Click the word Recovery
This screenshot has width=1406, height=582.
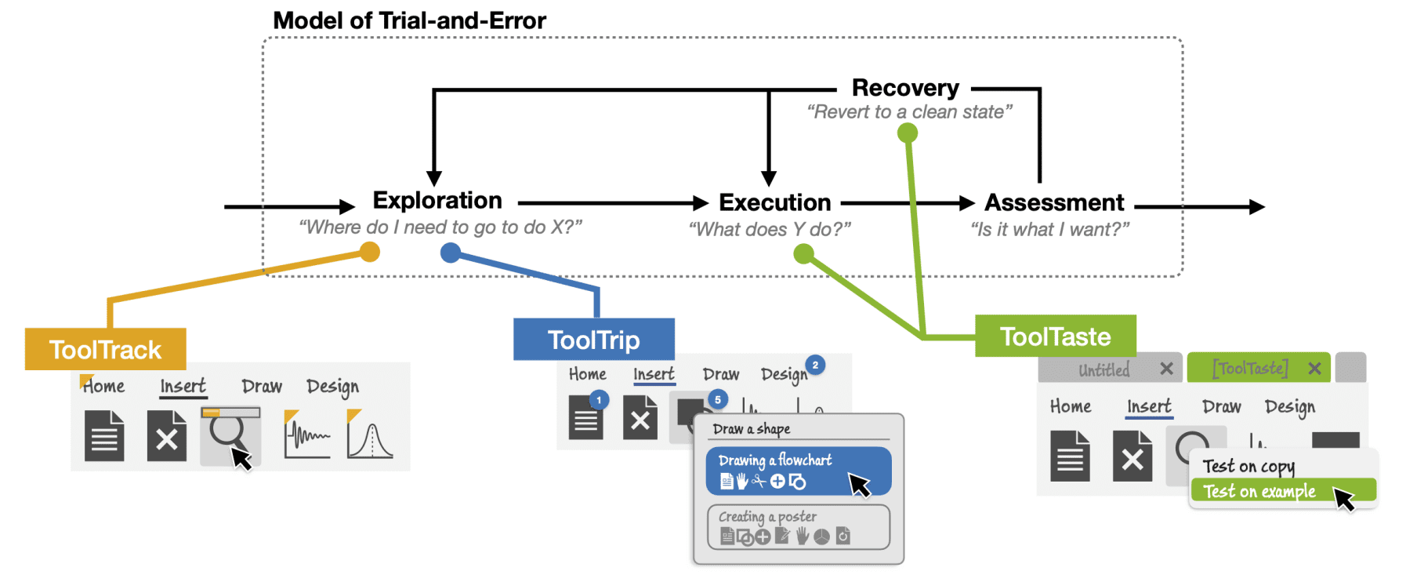(x=905, y=88)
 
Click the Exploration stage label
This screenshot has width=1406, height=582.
(x=437, y=201)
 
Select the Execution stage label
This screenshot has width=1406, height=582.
(x=774, y=202)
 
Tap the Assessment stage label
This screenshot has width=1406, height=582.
(x=1054, y=202)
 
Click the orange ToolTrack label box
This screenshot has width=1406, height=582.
(x=105, y=349)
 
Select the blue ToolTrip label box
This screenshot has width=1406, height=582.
(x=593, y=340)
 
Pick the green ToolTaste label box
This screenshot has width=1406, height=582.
(x=1055, y=336)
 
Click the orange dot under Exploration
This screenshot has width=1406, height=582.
(x=370, y=252)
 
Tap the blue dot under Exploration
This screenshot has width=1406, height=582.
(x=451, y=253)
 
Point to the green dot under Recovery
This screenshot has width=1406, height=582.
(x=908, y=133)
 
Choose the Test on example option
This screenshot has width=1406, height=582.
(x=1259, y=492)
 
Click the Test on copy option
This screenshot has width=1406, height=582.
(x=1248, y=467)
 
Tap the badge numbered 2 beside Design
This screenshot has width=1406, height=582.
(x=815, y=365)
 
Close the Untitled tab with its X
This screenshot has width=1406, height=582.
(x=1166, y=369)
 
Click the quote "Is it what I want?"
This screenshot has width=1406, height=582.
(x=1049, y=230)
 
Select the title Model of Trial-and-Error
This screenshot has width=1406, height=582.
(x=409, y=20)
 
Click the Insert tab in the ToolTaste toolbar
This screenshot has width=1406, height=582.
(x=1149, y=406)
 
